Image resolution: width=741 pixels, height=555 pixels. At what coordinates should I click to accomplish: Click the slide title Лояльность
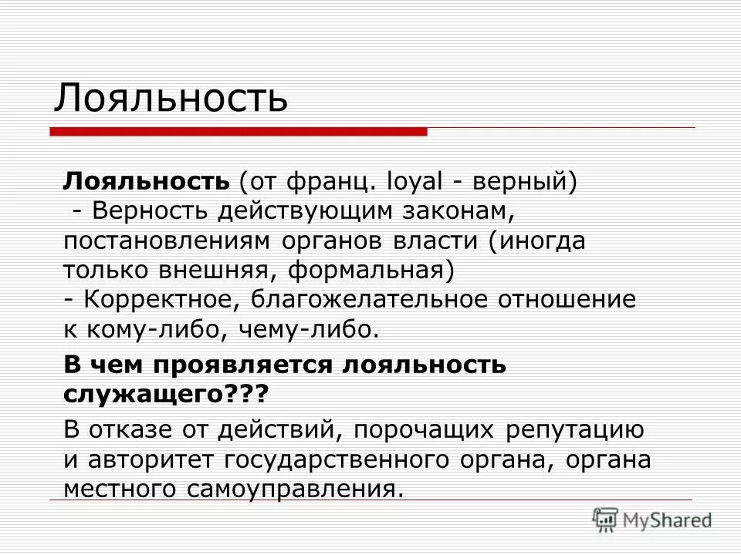[171, 98]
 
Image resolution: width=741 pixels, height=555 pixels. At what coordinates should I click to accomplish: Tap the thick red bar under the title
[239, 133]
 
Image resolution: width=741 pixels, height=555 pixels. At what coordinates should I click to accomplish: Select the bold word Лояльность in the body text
[147, 183]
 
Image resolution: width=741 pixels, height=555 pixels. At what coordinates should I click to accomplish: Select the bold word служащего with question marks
[165, 394]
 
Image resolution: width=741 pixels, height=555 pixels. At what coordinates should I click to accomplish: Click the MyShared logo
[652, 519]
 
